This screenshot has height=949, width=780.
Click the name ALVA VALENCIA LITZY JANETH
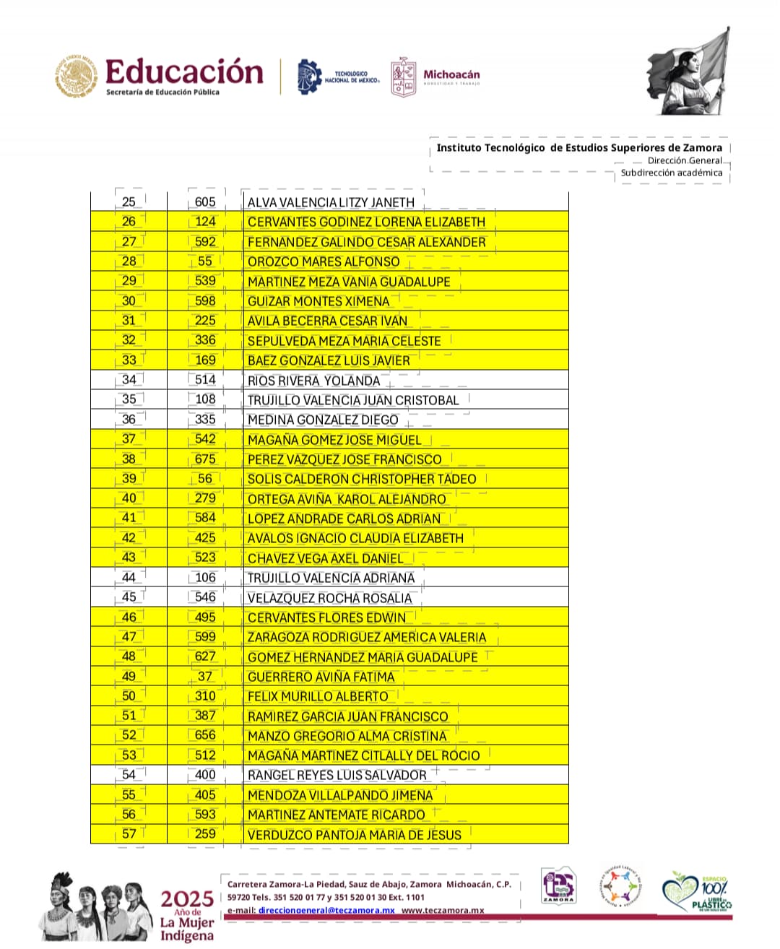tap(331, 203)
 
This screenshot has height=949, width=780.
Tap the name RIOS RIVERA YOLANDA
tap(313, 381)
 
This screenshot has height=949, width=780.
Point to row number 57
tap(129, 834)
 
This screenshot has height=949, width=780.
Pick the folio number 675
tap(205, 459)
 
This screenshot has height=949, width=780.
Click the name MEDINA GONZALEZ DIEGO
tap(323, 420)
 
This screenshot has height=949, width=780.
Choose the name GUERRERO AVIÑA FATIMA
tap(321, 677)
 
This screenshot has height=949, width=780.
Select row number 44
tap(129, 578)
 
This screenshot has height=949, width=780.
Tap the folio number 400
tap(205, 775)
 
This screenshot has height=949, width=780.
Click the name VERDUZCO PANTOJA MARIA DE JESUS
tap(354, 835)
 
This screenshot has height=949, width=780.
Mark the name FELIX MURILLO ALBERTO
tap(318, 697)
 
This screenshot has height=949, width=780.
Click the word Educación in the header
tap(184, 71)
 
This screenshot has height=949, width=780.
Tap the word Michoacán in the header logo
tap(451, 74)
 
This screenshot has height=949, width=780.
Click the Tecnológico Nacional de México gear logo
tap(309, 77)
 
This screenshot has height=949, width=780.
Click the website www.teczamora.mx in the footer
tap(443, 910)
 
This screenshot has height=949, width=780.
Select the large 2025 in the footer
tap(187, 899)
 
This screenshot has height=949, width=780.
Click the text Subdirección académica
tap(671, 173)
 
